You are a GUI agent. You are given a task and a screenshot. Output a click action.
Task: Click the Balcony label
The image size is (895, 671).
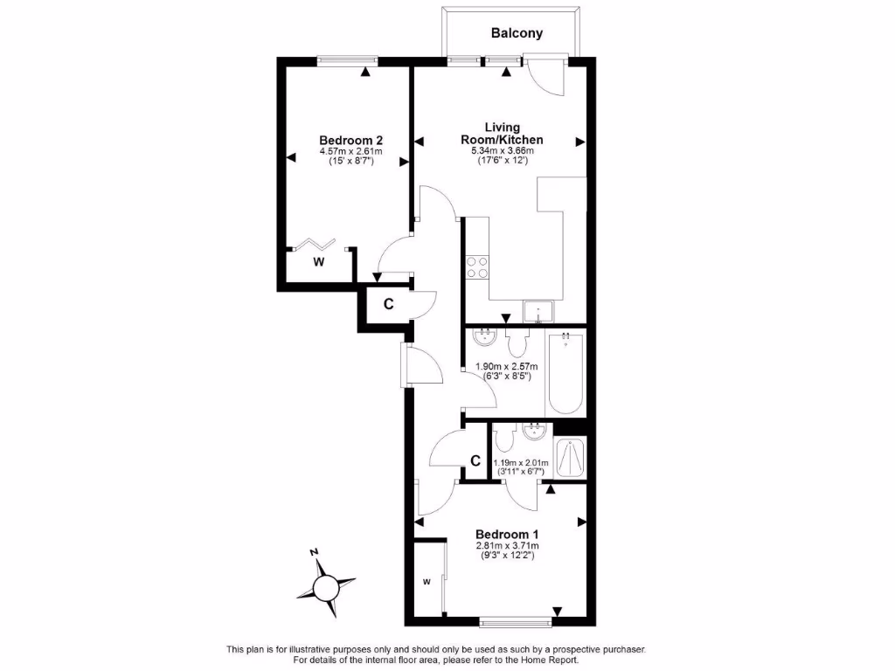(x=517, y=33)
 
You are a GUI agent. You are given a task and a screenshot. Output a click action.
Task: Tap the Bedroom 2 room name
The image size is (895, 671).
(x=350, y=140)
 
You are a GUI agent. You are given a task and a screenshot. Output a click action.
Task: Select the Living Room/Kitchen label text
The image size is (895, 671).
(x=502, y=133)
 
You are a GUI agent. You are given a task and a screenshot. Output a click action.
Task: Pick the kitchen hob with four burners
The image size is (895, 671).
(x=477, y=266)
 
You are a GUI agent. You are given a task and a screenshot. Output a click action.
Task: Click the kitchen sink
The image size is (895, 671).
(x=538, y=311)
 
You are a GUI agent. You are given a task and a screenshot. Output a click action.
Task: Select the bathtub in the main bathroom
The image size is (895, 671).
(x=565, y=373)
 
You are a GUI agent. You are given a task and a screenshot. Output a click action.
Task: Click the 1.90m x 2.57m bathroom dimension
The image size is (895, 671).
(x=506, y=366)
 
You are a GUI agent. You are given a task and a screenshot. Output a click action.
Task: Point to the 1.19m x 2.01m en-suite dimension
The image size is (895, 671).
(x=521, y=463)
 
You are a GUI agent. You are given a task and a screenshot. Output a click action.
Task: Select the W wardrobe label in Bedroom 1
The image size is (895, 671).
(x=427, y=582)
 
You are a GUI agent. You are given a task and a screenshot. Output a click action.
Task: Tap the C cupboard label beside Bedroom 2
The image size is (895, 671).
(x=388, y=304)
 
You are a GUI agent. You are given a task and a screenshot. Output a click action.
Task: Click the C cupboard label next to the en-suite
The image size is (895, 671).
(x=475, y=460)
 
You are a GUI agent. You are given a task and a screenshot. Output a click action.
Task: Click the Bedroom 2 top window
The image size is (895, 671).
(x=347, y=61)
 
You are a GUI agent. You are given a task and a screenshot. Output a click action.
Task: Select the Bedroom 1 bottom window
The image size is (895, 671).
(x=515, y=622)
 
